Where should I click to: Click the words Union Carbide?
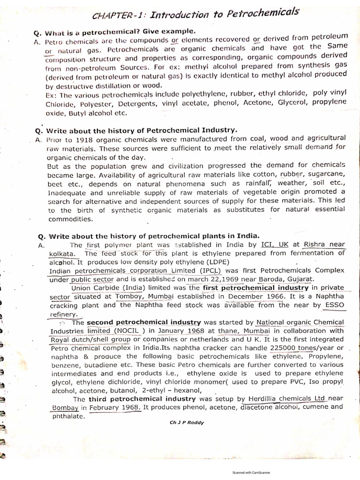point(95,288)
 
